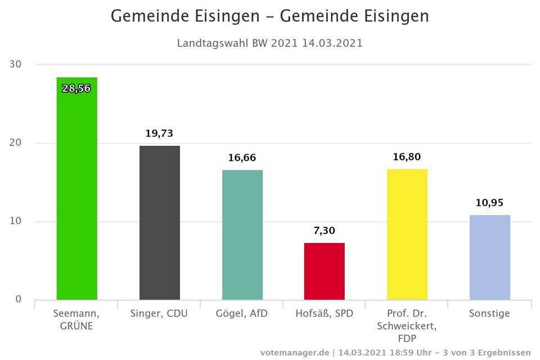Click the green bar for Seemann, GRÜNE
(x=76, y=191)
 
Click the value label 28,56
(x=76, y=88)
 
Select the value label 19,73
(x=159, y=133)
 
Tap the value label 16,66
(x=242, y=158)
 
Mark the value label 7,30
(x=324, y=231)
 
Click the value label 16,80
(x=407, y=157)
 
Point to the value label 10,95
(x=489, y=202)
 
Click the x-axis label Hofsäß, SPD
(x=324, y=313)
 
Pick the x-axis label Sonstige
(x=489, y=313)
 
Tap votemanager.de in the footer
(x=294, y=352)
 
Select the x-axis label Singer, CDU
(x=159, y=313)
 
